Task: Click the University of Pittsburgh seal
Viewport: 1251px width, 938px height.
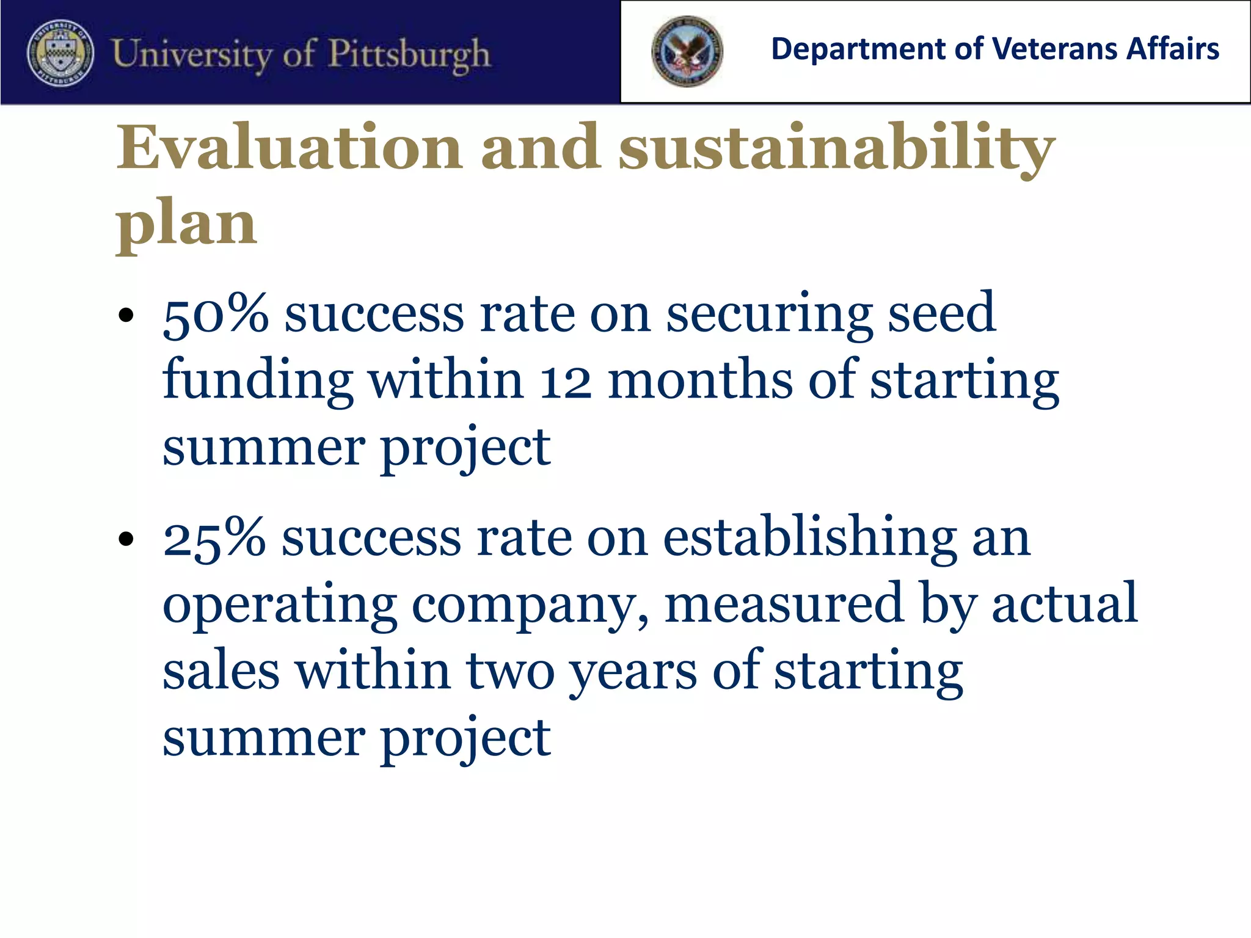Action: pos(60,53)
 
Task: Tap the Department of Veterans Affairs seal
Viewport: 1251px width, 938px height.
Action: pos(687,51)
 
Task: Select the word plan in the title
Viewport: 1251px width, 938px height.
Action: pos(186,225)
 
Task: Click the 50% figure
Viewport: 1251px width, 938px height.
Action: pos(215,314)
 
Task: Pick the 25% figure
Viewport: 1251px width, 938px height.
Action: pos(214,539)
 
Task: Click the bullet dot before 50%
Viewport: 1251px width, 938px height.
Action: pos(126,316)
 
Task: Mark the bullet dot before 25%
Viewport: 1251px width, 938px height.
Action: pos(126,539)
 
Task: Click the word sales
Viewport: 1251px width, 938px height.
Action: pos(221,672)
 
